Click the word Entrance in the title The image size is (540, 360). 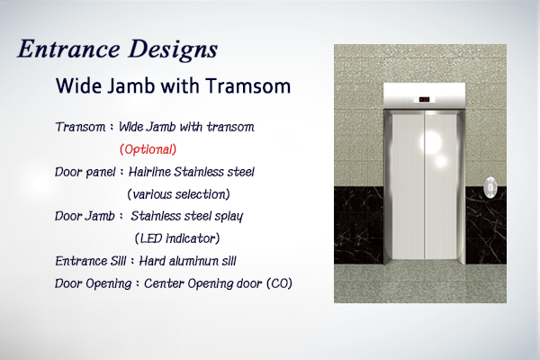coord(68,49)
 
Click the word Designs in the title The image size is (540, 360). coord(173,50)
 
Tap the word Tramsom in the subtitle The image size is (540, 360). coord(248,85)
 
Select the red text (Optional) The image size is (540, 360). coord(148,149)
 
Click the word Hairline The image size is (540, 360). coord(149,172)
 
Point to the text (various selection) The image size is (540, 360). coord(178,194)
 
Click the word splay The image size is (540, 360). coord(229,217)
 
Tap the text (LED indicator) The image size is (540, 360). coord(177,238)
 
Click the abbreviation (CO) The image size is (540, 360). coord(279,283)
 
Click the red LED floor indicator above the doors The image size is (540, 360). coord(424,100)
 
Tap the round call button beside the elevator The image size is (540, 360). coord(490,187)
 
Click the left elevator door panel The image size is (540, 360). coord(409,186)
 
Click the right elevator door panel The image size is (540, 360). coord(441,186)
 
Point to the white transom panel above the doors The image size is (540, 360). coord(424,95)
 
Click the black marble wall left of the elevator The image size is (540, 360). coord(358,225)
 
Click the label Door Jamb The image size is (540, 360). coord(85,216)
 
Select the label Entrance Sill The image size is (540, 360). coord(91,261)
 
